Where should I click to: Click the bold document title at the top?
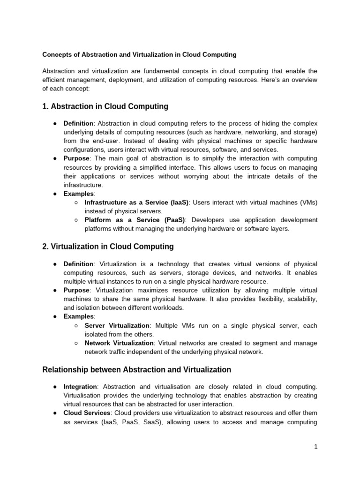click(139, 54)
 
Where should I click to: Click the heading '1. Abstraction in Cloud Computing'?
click(105, 106)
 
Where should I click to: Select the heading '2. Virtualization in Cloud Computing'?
click(108, 246)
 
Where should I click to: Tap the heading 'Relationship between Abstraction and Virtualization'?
click(136, 370)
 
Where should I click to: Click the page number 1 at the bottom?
click(316, 447)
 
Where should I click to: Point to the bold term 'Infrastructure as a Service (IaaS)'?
click(136, 202)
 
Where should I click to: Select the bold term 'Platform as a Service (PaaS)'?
click(135, 220)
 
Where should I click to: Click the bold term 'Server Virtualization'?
click(117, 325)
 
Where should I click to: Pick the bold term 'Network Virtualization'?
click(119, 343)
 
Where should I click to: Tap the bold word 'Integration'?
click(80, 387)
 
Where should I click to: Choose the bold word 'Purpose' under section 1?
click(76, 158)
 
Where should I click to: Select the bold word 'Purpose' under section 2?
click(76, 290)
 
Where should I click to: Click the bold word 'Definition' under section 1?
click(79, 123)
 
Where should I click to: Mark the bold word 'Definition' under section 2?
click(79, 264)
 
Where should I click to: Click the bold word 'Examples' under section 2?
click(78, 316)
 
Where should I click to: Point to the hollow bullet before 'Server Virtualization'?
click(76, 325)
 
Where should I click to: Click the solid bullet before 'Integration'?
click(55, 387)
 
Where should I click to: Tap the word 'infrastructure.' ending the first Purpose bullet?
click(83, 185)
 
